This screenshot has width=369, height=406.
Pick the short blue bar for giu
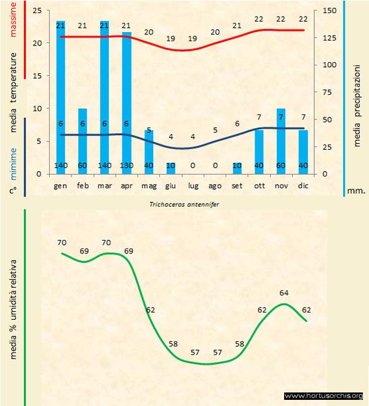point(170,168)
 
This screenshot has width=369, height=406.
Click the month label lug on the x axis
point(192,185)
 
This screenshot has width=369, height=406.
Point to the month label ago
point(215,185)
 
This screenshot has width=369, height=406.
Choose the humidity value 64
point(284,293)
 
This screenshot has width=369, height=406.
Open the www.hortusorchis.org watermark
point(324,396)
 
